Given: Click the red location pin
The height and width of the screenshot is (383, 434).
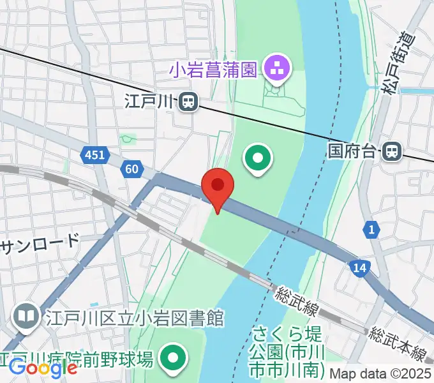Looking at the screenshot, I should [218, 187].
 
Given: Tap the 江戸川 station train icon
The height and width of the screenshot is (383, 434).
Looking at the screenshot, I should [188, 101].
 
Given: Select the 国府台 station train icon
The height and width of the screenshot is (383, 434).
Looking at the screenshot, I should [391, 151].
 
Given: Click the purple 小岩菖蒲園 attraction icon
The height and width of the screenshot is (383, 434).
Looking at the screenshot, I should [278, 68].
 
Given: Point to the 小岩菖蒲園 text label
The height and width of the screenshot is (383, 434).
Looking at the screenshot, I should [213, 69].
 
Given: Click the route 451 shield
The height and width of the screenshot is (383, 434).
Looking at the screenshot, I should [96, 154].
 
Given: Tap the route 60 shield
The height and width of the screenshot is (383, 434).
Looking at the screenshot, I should [131, 169].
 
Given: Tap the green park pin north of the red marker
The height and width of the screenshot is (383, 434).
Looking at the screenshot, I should [258, 157].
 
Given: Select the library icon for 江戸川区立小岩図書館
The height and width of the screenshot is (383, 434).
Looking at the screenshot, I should [26, 316].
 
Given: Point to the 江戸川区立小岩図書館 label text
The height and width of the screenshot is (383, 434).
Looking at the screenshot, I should [133, 317].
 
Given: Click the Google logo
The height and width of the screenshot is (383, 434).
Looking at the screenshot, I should [43, 368].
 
